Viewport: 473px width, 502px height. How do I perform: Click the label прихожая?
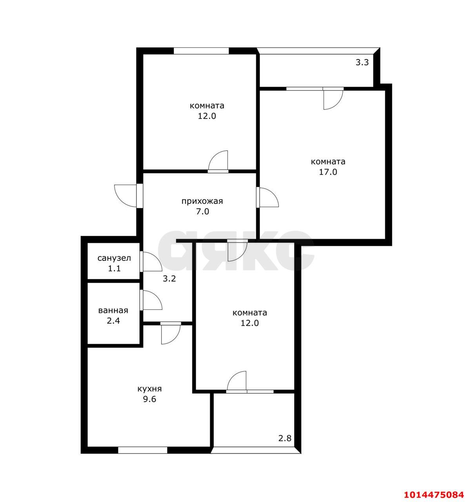click(x=202, y=202)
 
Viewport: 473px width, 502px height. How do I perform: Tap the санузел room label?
click(x=114, y=258)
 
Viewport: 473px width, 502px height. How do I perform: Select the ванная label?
click(x=113, y=310)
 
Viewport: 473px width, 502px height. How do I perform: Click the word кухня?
click(x=149, y=389)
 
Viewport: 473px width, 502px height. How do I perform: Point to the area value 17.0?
click(x=328, y=172)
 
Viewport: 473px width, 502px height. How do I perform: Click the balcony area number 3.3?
click(x=362, y=62)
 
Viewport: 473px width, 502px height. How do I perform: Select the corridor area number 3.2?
click(x=169, y=279)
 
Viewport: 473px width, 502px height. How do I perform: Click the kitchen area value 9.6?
click(x=149, y=399)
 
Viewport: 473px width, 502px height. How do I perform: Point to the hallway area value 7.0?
click(x=202, y=211)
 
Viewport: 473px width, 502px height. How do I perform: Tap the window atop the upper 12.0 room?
click(x=201, y=51)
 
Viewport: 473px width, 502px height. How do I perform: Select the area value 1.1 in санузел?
click(x=114, y=268)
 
